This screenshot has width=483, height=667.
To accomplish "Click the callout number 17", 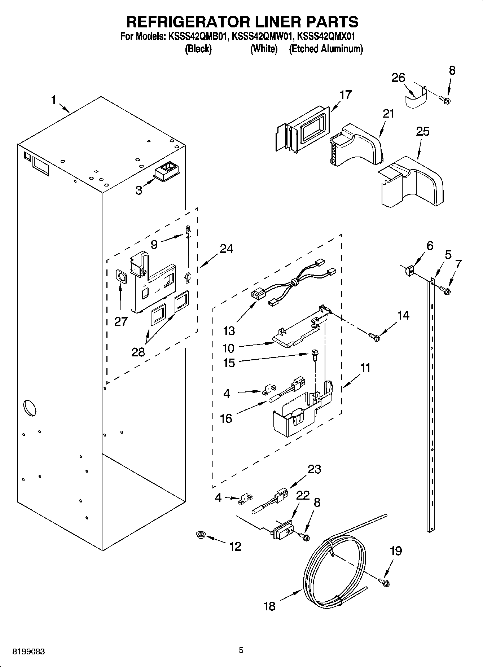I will [345, 95].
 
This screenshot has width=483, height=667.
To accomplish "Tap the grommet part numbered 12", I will [199, 535].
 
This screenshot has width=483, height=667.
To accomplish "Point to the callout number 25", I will [422, 132].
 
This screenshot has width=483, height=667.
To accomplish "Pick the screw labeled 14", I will [374, 338].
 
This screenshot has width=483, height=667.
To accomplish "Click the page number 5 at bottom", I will [241, 650].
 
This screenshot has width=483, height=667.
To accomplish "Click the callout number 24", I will [226, 249].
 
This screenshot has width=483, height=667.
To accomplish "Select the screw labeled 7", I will [445, 289].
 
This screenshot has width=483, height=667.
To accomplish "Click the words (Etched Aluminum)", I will [326, 49].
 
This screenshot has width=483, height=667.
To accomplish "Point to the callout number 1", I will [53, 99].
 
